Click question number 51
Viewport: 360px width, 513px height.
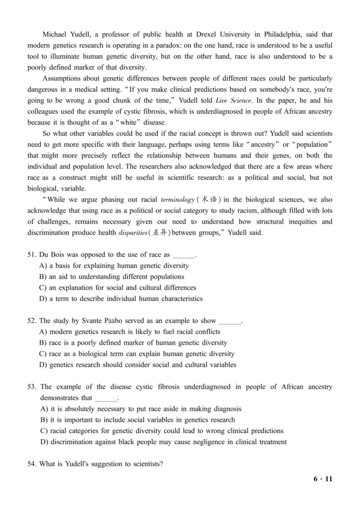(x=31, y=255)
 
